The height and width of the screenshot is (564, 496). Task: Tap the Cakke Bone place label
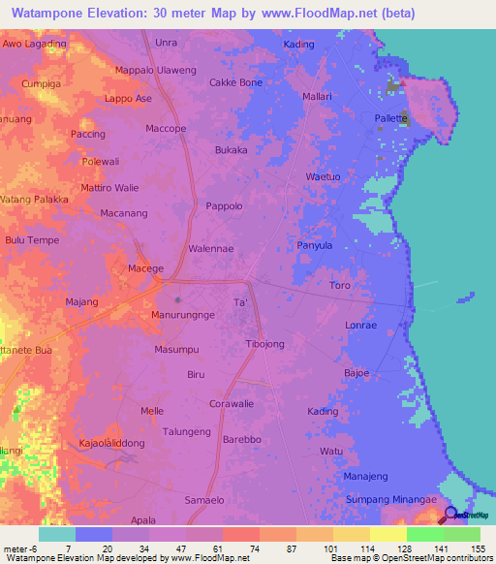click(236, 82)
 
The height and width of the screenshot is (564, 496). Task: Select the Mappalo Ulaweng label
click(156, 70)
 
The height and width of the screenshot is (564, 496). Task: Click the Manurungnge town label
click(183, 316)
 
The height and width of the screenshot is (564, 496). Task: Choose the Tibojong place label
click(265, 345)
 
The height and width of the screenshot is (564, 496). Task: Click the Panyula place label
click(315, 246)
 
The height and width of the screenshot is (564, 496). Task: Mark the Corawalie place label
click(232, 403)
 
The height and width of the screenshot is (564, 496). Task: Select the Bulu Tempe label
click(32, 240)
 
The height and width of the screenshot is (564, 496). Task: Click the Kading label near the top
click(298, 45)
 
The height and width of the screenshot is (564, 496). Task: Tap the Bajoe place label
click(356, 373)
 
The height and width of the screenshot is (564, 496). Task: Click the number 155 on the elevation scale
click(479, 548)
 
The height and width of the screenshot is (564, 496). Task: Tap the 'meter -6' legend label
click(18, 548)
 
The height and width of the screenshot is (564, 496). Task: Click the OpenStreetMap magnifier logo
click(451, 514)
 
